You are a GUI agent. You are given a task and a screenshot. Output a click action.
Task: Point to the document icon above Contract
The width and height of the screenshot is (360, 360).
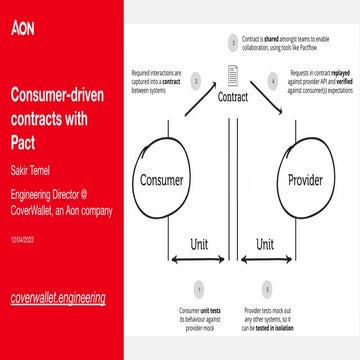[x=232, y=74]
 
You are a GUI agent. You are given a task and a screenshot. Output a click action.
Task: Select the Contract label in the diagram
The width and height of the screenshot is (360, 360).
[x=233, y=99]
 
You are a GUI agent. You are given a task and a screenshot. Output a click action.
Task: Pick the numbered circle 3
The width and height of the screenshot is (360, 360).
[x=231, y=43]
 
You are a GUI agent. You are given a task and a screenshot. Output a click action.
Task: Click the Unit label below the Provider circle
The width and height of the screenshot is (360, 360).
[x=265, y=243]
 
